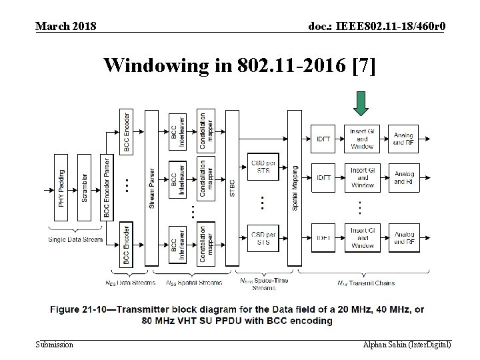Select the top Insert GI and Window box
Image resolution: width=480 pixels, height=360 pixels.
point(363,139)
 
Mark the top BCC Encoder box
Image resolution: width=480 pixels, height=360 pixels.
point(126,132)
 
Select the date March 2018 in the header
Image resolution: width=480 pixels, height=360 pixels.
point(65,26)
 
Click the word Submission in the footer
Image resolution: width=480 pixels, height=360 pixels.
point(55,345)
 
